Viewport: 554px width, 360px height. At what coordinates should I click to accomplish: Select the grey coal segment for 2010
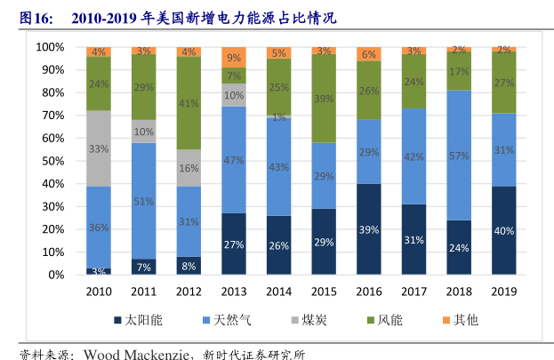[x=98, y=148]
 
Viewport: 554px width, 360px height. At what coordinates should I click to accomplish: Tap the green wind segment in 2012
[x=189, y=102]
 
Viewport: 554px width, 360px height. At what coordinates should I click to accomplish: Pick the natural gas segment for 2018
[x=459, y=156]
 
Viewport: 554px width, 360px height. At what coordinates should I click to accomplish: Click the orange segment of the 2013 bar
[x=234, y=57]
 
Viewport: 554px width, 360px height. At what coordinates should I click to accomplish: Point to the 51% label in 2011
[x=143, y=201]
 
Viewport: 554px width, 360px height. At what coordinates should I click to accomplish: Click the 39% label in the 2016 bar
[x=369, y=229]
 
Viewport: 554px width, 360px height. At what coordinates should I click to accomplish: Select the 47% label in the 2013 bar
[x=234, y=160]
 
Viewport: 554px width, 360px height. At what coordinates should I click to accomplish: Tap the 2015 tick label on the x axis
[x=324, y=291]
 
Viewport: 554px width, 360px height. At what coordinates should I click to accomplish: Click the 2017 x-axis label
[x=414, y=291]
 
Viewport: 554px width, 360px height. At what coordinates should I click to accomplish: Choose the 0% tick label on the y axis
[x=55, y=275]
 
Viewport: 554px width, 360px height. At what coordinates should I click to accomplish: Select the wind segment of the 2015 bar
[x=324, y=99]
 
